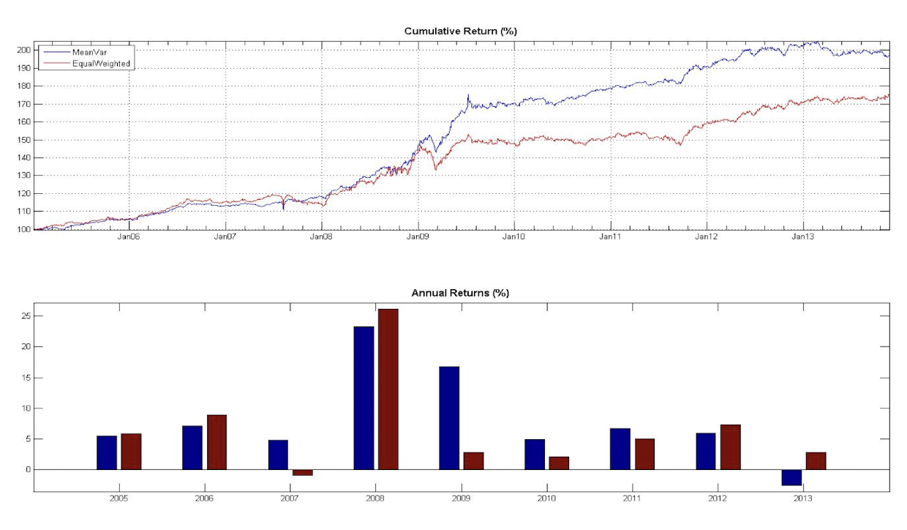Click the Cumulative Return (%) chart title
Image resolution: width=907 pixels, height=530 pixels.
coord(460,31)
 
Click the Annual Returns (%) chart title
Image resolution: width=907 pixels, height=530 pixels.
coord(460,293)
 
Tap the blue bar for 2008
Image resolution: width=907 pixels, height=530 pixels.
coord(364,397)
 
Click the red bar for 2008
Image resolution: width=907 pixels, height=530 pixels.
coord(388,389)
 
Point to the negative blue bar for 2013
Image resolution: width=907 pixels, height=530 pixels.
coord(791,477)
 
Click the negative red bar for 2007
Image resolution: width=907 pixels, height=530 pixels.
coord(303,472)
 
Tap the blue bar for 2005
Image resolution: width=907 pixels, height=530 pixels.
coord(107,452)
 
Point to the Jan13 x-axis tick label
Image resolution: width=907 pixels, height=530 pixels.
coord(803,237)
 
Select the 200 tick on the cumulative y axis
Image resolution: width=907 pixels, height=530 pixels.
coord(26,50)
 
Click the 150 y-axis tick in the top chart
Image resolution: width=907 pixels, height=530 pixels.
coord(26,140)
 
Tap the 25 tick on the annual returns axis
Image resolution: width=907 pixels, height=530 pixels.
coord(28,316)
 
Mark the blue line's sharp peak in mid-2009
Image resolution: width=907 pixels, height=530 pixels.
coord(468,95)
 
